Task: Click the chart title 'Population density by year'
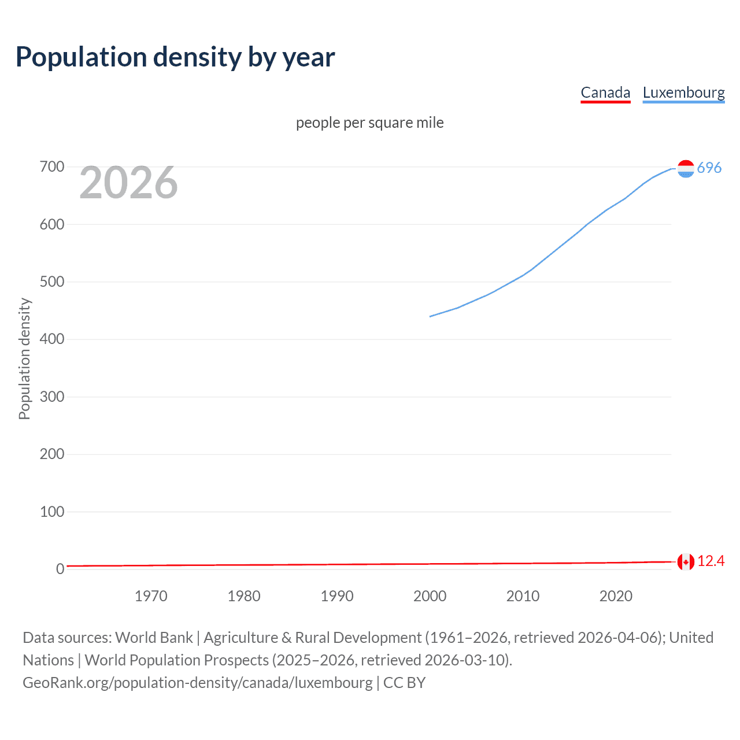[175, 57]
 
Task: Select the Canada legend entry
[605, 92]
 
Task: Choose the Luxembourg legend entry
[683, 92]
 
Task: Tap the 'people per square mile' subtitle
[369, 123]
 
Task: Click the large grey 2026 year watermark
[128, 183]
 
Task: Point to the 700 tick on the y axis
[52, 167]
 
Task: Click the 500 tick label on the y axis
[52, 282]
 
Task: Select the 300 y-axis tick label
[52, 397]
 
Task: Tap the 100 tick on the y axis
[52, 512]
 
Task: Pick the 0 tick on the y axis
[60, 569]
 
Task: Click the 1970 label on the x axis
[151, 596]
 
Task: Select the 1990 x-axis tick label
[337, 596]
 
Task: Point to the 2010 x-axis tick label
[523, 596]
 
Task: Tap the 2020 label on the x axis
[616, 596]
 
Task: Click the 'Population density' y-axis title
[24, 358]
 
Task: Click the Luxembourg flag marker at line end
[686, 168]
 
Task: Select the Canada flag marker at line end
[686, 561]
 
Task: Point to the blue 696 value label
[709, 168]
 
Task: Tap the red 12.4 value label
[711, 561]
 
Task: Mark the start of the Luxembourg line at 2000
[430, 316]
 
